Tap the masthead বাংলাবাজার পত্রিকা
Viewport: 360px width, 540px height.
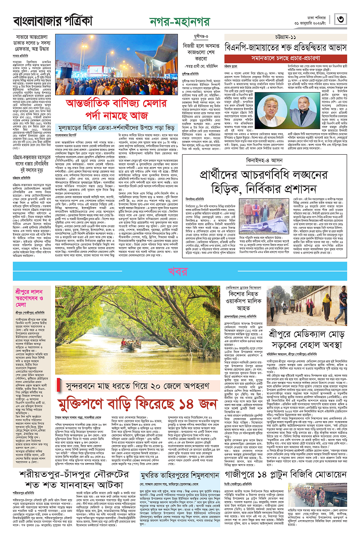point(53,21)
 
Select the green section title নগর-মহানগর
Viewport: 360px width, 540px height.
point(179,22)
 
